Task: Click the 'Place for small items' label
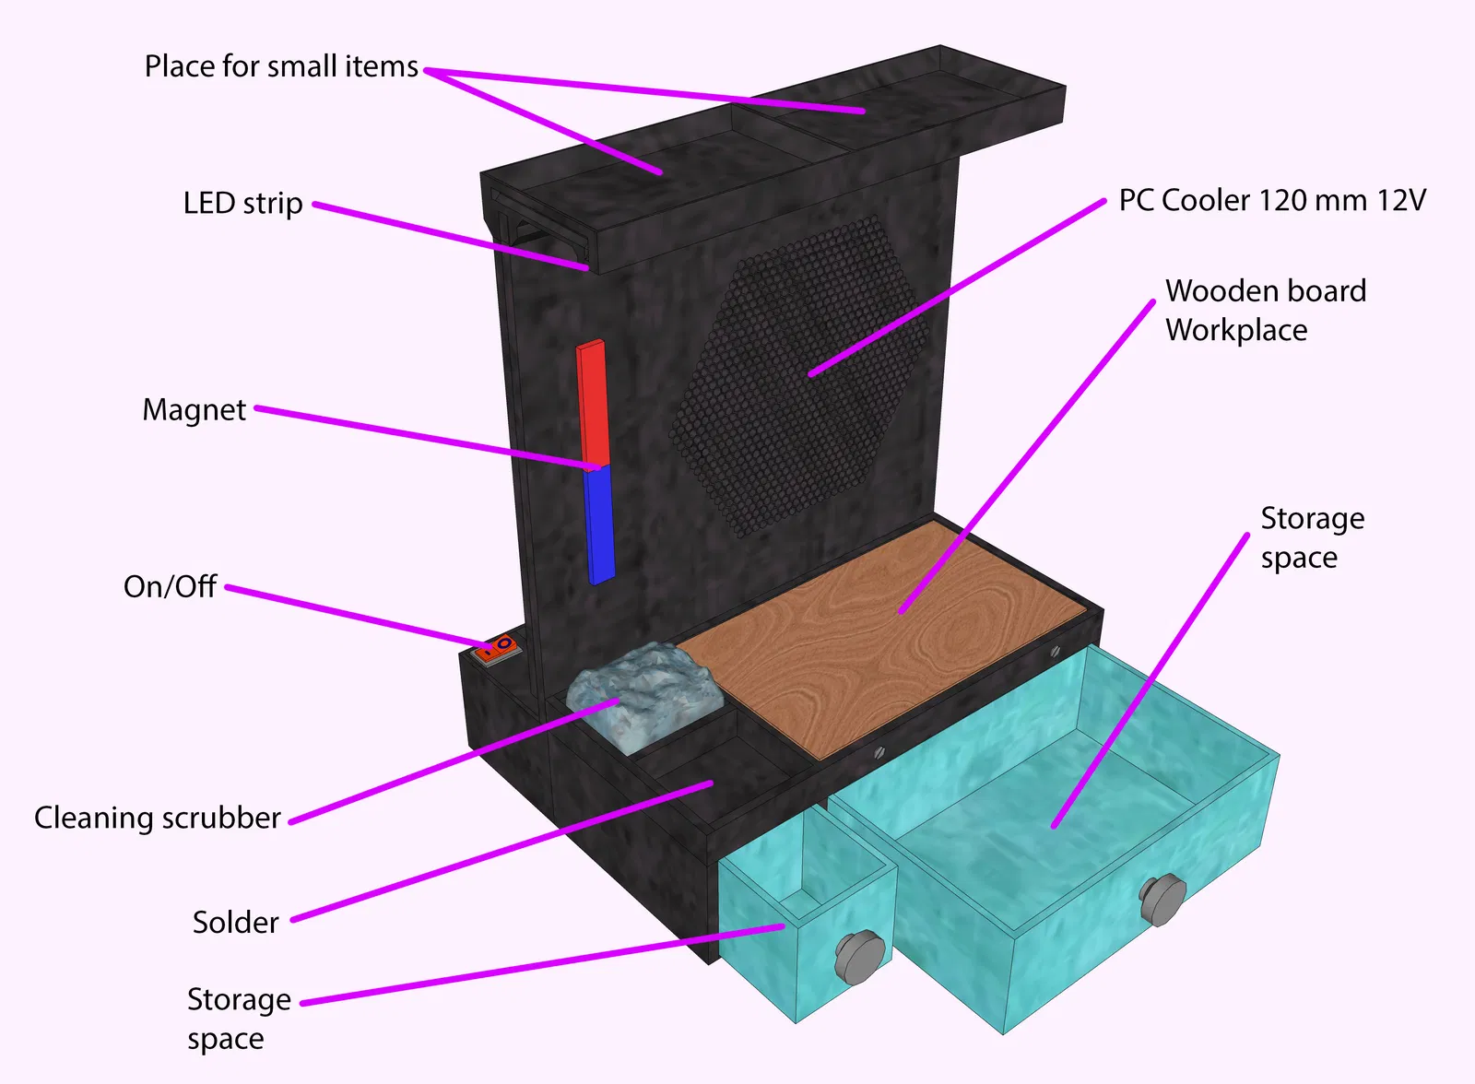click(x=281, y=67)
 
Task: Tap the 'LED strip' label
click(x=242, y=204)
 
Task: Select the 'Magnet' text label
click(x=194, y=410)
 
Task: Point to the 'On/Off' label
click(x=170, y=587)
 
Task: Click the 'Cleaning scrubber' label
click(x=157, y=819)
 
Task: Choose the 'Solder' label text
click(x=235, y=923)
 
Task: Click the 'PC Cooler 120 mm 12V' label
click(x=1272, y=201)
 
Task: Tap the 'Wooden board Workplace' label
click(x=1265, y=311)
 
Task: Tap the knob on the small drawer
click(x=859, y=956)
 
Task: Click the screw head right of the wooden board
click(x=1055, y=653)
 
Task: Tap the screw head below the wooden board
click(x=879, y=751)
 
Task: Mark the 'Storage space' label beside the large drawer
click(x=1312, y=538)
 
